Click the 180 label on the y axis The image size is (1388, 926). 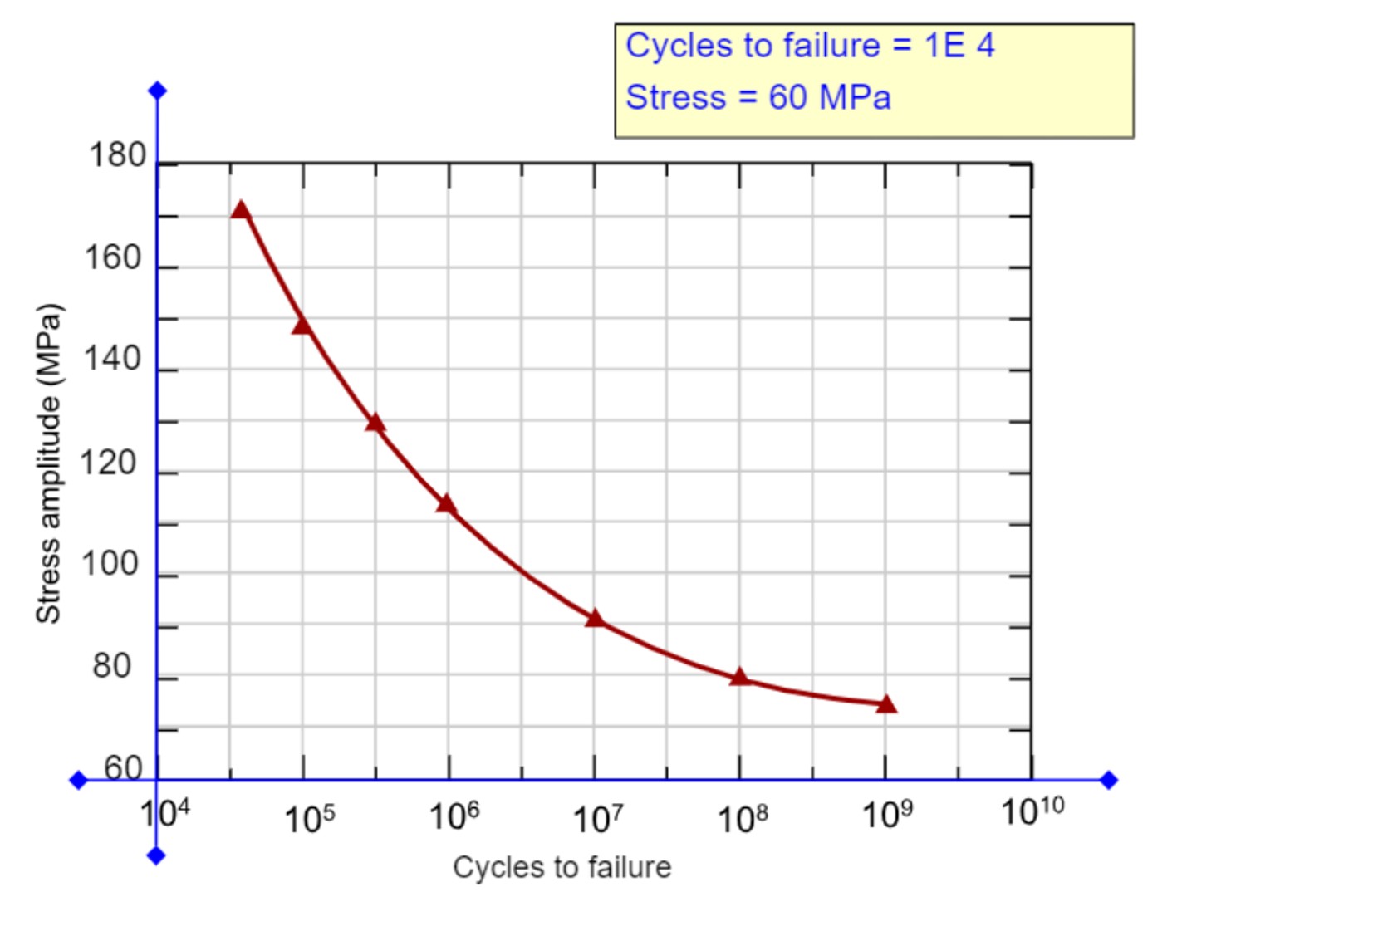pyautogui.click(x=117, y=155)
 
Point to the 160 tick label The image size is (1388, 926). pyautogui.click(x=113, y=258)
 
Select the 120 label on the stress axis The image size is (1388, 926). pyautogui.click(x=108, y=463)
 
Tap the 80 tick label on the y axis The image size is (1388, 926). pyautogui.click(x=112, y=666)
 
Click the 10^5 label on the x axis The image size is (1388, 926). pyautogui.click(x=309, y=819)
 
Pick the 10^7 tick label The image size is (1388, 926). pyautogui.click(x=598, y=819)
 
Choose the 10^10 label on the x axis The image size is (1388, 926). pyautogui.click(x=1032, y=811)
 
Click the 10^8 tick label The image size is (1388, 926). pyautogui.click(x=742, y=819)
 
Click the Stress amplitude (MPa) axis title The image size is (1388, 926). pyautogui.click(x=48, y=463)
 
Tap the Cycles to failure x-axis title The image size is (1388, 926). pyautogui.click(x=562, y=867)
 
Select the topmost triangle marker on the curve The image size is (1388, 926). pyautogui.click(x=241, y=210)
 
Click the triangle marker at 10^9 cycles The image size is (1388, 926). pyautogui.click(x=886, y=705)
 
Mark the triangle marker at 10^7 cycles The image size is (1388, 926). pyautogui.click(x=595, y=619)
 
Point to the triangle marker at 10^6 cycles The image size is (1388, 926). pyautogui.click(x=447, y=504)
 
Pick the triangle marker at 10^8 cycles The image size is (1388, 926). pyautogui.click(x=740, y=678)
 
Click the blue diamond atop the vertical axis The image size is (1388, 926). pyautogui.click(x=157, y=91)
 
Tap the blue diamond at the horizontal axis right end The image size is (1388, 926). pyautogui.click(x=1109, y=780)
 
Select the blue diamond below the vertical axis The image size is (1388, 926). pyautogui.click(x=156, y=855)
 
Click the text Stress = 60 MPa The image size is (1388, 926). pyautogui.click(x=758, y=98)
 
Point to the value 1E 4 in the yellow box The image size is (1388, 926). pyautogui.click(x=959, y=46)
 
